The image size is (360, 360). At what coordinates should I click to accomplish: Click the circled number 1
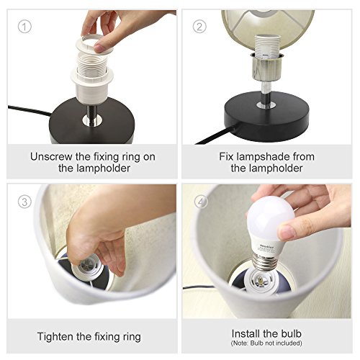point(24,27)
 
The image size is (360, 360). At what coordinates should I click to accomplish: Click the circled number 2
point(199,27)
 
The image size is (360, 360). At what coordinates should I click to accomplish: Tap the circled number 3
point(24,202)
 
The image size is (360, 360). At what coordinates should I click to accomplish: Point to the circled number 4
point(201,202)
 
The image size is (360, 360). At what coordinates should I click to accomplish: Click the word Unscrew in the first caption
point(51,157)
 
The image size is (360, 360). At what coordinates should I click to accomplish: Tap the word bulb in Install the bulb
point(291,333)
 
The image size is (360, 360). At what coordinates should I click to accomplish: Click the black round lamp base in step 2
point(266,112)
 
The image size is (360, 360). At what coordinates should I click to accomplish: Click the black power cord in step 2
point(217,135)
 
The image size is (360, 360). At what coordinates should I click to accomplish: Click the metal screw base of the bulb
point(264,262)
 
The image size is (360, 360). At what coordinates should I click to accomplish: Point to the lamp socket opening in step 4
point(261,281)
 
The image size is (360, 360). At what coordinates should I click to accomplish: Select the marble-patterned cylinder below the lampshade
point(266,68)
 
